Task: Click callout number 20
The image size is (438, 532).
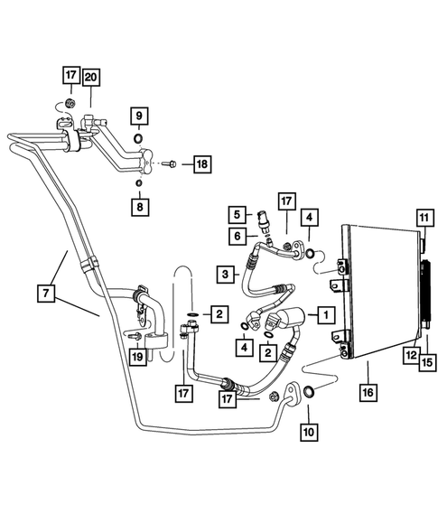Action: tap(91, 78)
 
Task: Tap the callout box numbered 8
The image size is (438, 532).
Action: tap(138, 207)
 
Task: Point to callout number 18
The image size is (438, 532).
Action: tap(200, 164)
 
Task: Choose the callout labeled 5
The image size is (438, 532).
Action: tap(236, 215)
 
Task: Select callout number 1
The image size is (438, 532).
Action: tap(323, 315)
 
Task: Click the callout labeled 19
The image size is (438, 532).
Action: tap(137, 359)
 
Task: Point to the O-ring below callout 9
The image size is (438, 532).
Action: tap(138, 139)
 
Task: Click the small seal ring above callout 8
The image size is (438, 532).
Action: tap(138, 184)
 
